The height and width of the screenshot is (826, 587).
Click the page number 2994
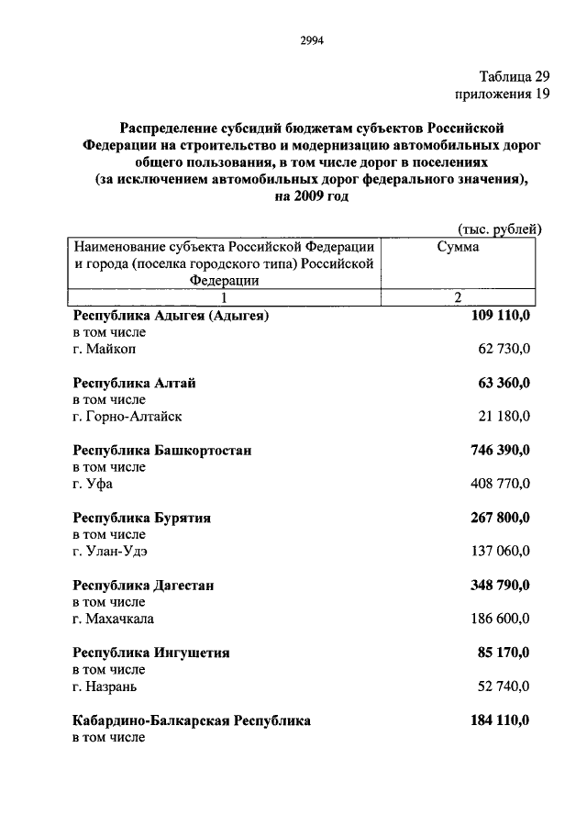313,39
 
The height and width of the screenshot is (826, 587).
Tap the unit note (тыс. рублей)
499,229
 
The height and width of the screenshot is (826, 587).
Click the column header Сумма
460,247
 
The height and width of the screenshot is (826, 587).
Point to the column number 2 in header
460,297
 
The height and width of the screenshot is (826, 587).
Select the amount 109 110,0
500,316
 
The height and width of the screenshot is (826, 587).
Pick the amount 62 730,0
504,349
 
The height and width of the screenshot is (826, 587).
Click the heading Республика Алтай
134,384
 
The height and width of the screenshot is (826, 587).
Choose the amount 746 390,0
500,451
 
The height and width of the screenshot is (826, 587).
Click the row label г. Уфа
93,484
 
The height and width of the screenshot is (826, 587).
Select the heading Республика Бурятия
142,518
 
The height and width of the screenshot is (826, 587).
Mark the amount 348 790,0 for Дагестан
500,586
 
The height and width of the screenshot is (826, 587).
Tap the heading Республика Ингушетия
151,653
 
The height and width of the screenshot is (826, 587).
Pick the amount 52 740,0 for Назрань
504,686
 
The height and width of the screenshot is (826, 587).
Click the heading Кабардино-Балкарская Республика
192,720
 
